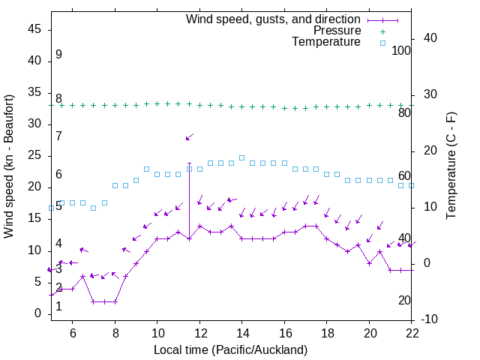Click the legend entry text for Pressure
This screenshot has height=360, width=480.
(x=337, y=31)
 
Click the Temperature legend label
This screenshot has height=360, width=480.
(x=326, y=42)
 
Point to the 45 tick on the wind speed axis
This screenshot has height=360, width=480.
(x=34, y=29)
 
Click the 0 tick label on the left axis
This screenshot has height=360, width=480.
(x=37, y=313)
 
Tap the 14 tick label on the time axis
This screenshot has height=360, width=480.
(x=242, y=334)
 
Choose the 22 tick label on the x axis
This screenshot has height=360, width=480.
(x=412, y=334)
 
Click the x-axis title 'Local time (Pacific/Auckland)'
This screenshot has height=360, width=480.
(x=231, y=349)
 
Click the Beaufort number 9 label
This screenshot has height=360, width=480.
(x=58, y=55)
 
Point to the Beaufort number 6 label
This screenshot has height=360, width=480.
(x=58, y=175)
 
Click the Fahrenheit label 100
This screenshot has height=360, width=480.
(x=402, y=51)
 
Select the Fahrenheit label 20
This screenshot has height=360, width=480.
(x=405, y=300)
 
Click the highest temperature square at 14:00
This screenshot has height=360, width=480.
(x=241, y=157)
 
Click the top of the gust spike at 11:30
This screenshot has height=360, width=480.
(x=189, y=163)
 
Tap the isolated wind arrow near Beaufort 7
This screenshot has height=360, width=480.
(x=190, y=136)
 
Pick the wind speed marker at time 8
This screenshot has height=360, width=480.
(x=115, y=301)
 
